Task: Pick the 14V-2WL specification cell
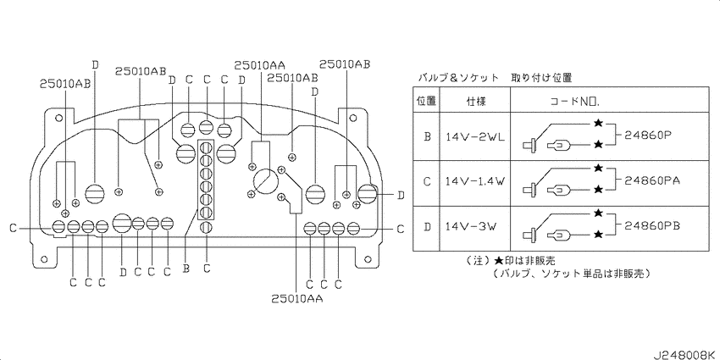(x=475, y=136)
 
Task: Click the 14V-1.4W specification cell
(x=475, y=181)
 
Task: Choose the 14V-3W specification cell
(x=470, y=226)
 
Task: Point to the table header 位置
(x=426, y=101)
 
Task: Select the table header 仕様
(x=476, y=101)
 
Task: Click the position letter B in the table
(x=427, y=136)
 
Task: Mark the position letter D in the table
(x=427, y=226)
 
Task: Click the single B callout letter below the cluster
(x=186, y=269)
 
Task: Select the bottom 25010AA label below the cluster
(x=296, y=299)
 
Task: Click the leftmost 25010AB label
(x=64, y=83)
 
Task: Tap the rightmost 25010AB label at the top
(x=345, y=64)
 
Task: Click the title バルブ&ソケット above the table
(x=457, y=78)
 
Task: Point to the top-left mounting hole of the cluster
(x=58, y=118)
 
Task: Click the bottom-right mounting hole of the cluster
(x=366, y=259)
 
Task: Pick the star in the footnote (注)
(x=499, y=261)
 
